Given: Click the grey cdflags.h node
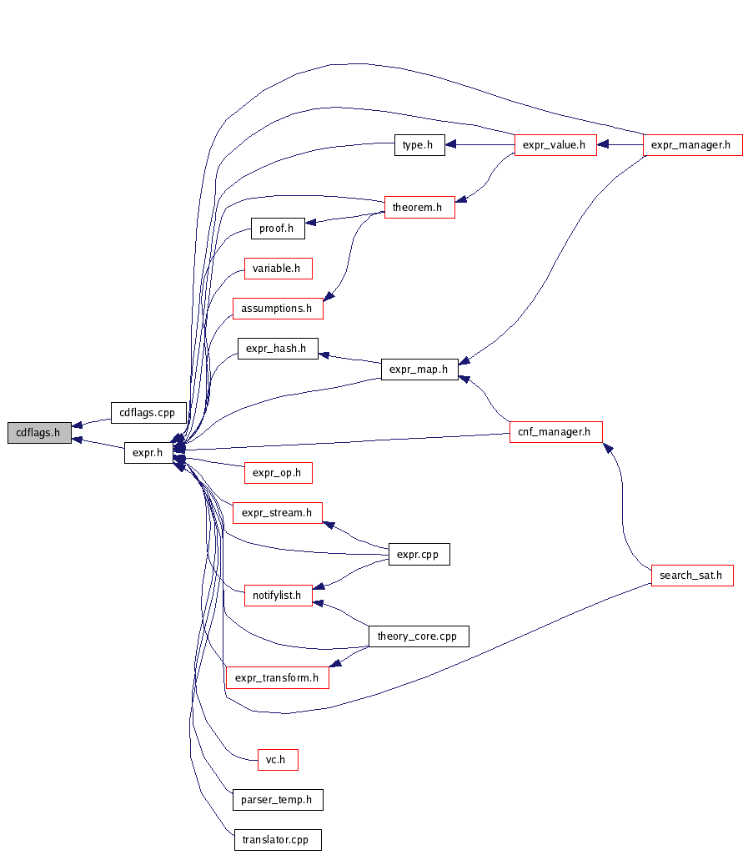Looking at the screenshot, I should point(39,433).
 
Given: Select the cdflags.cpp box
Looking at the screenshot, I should point(148,412).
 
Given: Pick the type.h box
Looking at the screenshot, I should point(417,145).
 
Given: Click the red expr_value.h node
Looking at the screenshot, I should point(555,145).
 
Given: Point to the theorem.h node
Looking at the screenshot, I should point(419,207).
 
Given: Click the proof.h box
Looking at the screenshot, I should point(277,229).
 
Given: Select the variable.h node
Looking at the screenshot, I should point(277,269).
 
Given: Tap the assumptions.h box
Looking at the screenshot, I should point(277,309).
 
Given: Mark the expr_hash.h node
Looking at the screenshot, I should point(277,349).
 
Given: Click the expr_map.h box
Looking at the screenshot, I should point(419,369).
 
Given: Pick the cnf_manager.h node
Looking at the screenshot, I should point(555,432).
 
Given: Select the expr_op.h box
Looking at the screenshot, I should point(277,474).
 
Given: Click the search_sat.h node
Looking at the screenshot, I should point(691,576).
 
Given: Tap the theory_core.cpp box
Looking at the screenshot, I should point(418,636).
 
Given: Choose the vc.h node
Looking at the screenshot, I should point(277,760).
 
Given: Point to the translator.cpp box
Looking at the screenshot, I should point(277,840).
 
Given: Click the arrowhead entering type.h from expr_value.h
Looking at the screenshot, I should point(450,145).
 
